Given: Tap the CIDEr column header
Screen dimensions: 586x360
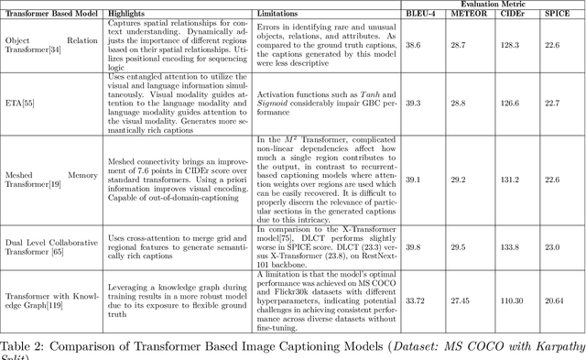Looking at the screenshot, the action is coord(509,15).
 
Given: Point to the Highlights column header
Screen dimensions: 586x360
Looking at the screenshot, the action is coord(129,15).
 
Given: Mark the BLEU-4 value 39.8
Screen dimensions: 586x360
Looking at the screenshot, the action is coord(413,245).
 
